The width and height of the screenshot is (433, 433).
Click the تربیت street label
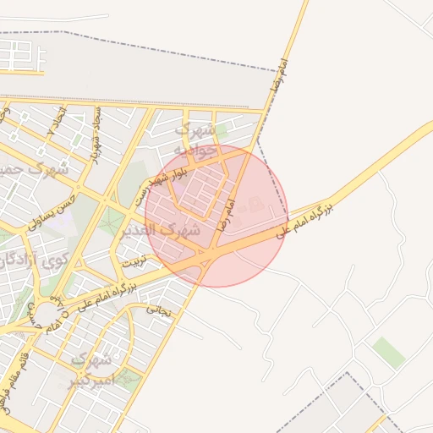click(x=134, y=263)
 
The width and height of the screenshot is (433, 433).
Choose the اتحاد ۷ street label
click(x=58, y=123)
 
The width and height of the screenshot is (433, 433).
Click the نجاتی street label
click(x=159, y=310)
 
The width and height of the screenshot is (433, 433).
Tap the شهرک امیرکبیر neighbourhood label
click(x=91, y=370)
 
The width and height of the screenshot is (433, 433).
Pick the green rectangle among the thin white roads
click(x=389, y=352)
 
